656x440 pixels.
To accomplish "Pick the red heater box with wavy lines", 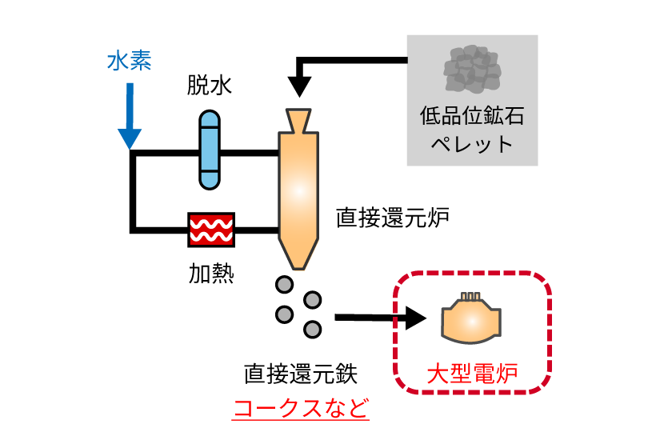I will point(211,230).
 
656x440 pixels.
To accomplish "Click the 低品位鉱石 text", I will point(471,117).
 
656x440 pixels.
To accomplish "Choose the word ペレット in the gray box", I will point(471,145).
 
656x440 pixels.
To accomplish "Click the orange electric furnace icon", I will point(472,317).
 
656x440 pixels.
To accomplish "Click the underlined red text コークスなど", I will point(300,408).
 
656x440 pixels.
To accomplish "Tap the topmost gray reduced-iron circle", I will point(284,284).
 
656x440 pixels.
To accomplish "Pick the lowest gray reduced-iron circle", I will point(313,329).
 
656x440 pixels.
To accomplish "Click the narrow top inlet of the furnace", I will point(298,119).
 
